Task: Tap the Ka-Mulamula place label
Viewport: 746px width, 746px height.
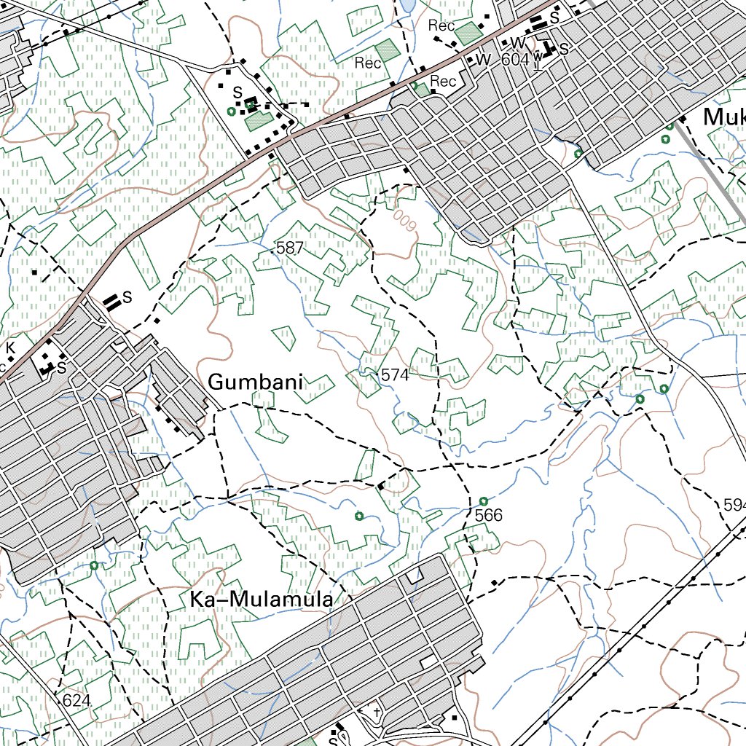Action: [x=262, y=600]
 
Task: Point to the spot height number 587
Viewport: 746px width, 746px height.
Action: [x=290, y=248]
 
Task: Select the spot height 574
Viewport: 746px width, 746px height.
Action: [x=395, y=375]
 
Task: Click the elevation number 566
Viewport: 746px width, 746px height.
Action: [x=488, y=515]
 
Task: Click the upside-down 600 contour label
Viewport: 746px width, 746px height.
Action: [x=405, y=220]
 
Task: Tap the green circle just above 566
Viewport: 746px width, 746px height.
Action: [x=484, y=501]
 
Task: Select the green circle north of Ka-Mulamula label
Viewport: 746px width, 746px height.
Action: [x=358, y=517]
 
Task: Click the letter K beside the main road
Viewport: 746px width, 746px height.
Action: [x=10, y=348]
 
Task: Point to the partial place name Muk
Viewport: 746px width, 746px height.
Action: [x=724, y=117]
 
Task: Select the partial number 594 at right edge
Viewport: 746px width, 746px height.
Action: [x=734, y=505]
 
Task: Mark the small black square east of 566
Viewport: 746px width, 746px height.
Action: [x=495, y=582]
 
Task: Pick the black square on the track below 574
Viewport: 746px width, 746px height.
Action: [x=380, y=485]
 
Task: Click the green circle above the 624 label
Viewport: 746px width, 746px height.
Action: [x=94, y=565]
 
